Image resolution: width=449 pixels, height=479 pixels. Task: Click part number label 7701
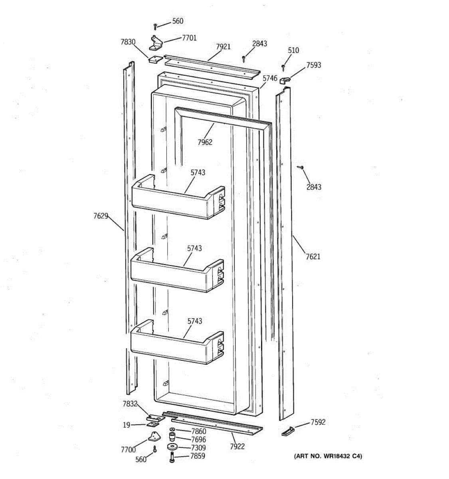point(189,38)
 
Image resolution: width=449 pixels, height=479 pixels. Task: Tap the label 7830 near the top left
point(128,42)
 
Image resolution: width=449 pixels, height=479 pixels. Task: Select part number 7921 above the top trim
point(223,47)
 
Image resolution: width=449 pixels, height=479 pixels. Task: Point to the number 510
point(293,50)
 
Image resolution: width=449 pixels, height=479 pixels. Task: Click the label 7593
point(314,65)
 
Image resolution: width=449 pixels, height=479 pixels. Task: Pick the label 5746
point(270,79)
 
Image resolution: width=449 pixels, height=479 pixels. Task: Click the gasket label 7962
point(205,142)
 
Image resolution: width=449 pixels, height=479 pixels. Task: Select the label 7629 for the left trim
point(101,216)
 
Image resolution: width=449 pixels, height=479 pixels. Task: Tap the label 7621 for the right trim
point(313,257)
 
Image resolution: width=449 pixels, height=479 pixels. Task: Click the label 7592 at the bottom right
point(318,422)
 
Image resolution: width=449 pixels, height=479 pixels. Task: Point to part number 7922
point(237,446)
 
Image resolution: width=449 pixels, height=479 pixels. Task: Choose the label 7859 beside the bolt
point(198,456)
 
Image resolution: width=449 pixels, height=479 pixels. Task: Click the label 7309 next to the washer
point(198,447)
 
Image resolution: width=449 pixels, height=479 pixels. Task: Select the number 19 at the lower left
point(126,425)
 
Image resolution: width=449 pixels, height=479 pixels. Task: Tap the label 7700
point(128,450)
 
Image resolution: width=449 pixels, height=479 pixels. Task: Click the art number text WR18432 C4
point(328,456)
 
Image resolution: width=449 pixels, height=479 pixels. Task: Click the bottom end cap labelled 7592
point(288,431)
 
